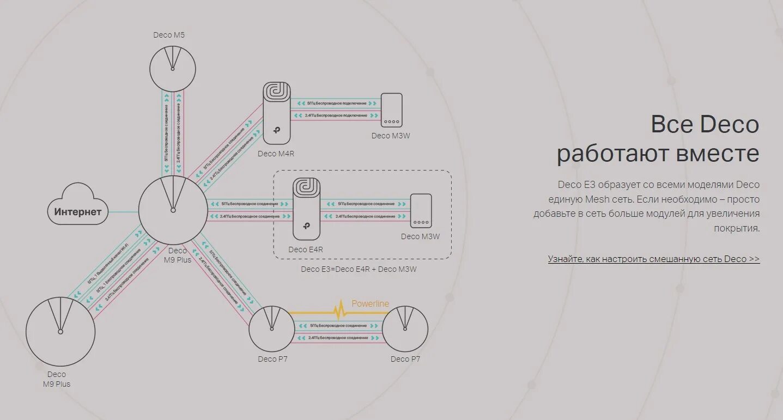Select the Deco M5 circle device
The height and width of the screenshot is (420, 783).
coord(173,68)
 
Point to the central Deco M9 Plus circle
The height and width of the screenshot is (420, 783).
coord(173,210)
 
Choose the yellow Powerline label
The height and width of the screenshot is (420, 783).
coord(370,304)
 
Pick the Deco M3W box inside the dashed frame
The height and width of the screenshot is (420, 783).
coord(421,210)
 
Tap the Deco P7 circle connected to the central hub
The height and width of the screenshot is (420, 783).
coord(272,328)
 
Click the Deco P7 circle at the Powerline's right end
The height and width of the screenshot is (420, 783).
coord(405,328)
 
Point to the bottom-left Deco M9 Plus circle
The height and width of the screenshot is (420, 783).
coord(60,331)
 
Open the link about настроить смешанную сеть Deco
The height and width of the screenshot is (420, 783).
coord(653,259)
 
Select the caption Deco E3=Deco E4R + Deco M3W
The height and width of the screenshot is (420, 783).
coord(359,269)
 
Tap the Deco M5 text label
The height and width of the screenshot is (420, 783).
coord(169,35)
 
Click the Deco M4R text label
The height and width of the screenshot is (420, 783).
coord(276,154)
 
